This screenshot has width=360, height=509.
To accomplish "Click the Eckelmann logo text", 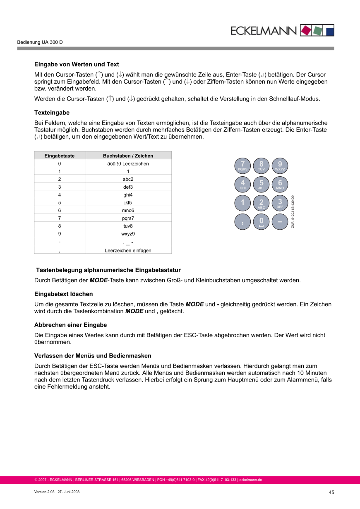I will [264, 31].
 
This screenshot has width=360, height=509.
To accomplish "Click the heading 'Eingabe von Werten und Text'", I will [77, 65].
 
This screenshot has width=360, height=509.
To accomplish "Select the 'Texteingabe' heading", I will [52, 113].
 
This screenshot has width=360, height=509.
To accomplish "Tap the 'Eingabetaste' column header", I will [60, 156].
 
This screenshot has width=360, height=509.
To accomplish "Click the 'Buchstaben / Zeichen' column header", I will [128, 156].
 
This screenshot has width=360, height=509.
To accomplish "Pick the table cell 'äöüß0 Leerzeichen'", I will [128, 164].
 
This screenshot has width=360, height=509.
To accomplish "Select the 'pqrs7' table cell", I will [128, 218].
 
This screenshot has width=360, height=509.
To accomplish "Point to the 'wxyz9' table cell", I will [128, 234].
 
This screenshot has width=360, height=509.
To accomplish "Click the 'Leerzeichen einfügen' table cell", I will [128, 250].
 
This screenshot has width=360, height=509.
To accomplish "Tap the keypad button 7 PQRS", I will [242, 166].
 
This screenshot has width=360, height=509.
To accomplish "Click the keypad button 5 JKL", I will [261, 184].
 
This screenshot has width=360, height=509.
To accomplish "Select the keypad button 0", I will [261, 222].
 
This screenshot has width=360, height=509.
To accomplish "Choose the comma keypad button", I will [242, 222].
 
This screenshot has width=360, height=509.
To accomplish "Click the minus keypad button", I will [280, 222].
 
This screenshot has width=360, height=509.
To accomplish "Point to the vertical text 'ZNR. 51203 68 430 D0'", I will [293, 211].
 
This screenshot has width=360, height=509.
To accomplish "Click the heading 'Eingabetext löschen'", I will [63, 294].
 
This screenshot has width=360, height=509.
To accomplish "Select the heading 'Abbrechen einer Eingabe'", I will [70, 325].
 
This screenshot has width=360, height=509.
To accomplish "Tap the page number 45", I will [331, 492].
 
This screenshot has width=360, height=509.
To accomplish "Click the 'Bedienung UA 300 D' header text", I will [40, 43].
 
